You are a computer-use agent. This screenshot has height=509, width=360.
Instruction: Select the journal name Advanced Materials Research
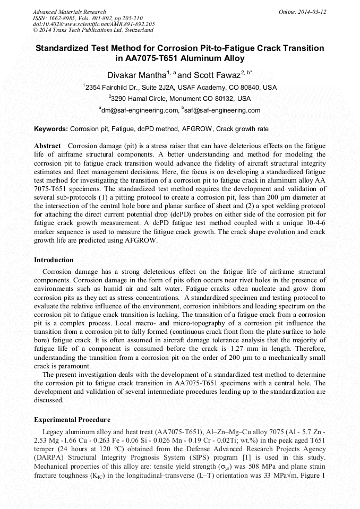click(x=69, y=12)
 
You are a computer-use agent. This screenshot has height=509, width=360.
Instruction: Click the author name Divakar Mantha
click(x=137, y=75)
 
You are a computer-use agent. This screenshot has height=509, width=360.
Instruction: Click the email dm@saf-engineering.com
click(x=140, y=110)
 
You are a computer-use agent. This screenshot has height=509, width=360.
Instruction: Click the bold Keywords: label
click(x=51, y=129)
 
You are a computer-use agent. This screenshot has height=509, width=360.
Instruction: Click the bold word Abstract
click(x=48, y=145)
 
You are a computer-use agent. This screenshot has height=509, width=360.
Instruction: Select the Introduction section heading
click(x=54, y=260)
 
